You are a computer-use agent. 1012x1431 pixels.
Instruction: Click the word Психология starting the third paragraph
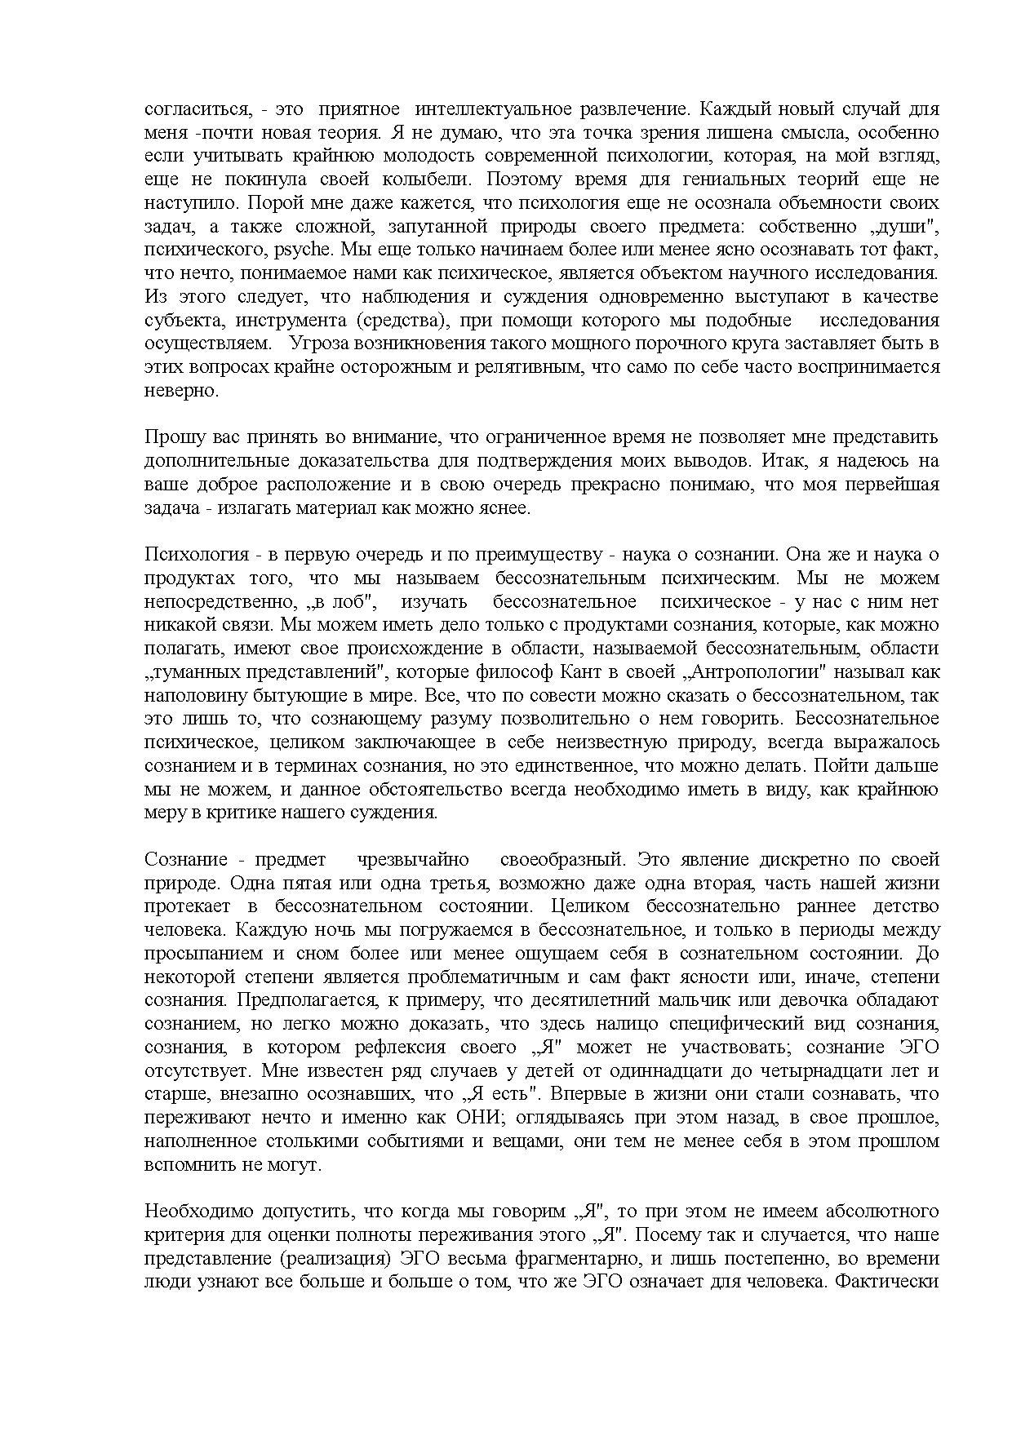(196, 555)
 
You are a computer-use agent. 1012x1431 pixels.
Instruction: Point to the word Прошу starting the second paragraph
(169, 437)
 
